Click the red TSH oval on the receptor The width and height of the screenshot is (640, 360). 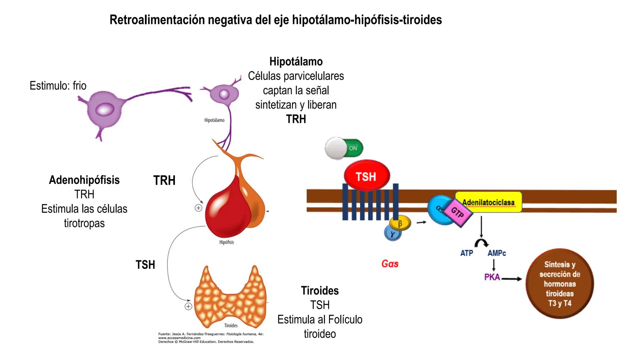[x=366, y=176]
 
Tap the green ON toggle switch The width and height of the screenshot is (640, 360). [x=344, y=148]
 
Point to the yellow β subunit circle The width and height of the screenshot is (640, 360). [x=400, y=223]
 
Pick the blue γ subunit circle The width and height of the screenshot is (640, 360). [x=393, y=234]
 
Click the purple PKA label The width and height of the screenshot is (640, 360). [x=492, y=277]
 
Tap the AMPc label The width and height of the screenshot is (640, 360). [x=496, y=253]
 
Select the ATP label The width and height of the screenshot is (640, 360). [x=467, y=253]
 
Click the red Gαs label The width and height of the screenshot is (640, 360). [x=390, y=264]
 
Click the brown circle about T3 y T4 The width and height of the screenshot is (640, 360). [x=560, y=284]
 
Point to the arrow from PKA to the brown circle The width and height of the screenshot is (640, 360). [x=512, y=279]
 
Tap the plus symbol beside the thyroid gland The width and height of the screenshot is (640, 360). [x=188, y=306]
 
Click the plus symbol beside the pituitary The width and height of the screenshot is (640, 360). [x=198, y=208]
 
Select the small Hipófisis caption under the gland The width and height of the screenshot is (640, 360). [x=226, y=242]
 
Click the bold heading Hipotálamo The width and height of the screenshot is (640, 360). [x=296, y=62]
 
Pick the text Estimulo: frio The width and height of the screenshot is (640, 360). [x=58, y=86]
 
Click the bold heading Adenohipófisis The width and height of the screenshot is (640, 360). [x=84, y=180]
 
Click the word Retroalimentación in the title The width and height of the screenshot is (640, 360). [x=157, y=20]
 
